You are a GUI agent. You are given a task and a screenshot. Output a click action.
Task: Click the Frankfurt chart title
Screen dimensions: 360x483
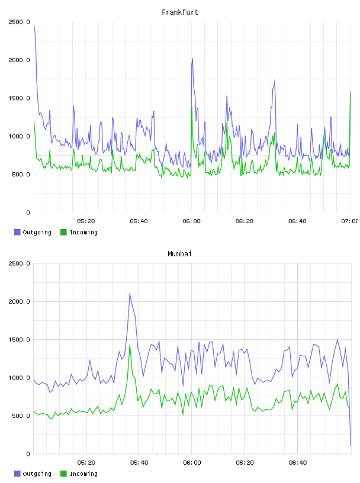180,12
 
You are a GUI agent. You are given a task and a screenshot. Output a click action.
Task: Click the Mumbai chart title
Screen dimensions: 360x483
179,253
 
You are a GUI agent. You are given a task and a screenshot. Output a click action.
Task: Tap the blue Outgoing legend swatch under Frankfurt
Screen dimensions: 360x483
17,232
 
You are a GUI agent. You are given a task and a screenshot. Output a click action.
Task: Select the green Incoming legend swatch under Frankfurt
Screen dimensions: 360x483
63,232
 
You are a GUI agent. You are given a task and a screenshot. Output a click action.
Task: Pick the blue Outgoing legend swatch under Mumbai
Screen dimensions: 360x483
17,474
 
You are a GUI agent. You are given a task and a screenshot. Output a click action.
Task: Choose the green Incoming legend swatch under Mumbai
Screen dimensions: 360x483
63,474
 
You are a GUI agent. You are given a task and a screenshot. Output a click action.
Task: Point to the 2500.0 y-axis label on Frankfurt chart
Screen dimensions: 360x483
19,22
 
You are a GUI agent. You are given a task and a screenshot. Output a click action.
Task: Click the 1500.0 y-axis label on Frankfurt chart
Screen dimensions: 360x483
19,98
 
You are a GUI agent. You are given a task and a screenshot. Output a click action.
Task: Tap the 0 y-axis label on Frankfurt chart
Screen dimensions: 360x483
28,212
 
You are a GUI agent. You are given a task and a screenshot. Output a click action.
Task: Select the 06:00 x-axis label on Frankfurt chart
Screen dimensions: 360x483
191,221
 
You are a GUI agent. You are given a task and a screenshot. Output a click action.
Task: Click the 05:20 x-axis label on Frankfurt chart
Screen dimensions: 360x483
86,221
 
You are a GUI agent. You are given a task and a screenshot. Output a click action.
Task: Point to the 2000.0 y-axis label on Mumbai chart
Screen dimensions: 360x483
19,301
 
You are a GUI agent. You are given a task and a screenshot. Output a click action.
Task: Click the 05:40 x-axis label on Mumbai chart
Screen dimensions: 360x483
139,463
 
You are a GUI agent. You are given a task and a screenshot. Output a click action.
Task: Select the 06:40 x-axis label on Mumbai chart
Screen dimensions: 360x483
298,463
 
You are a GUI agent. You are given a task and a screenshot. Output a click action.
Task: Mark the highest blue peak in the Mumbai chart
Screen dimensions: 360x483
130,294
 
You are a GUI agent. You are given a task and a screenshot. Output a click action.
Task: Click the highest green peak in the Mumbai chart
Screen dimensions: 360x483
130,346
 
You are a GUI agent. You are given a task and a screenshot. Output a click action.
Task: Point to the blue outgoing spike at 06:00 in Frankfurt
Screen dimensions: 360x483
192,58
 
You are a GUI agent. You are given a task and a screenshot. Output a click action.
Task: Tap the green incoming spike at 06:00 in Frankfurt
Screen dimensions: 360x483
192,108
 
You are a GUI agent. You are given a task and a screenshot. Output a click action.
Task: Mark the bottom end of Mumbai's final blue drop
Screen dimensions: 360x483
351,446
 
